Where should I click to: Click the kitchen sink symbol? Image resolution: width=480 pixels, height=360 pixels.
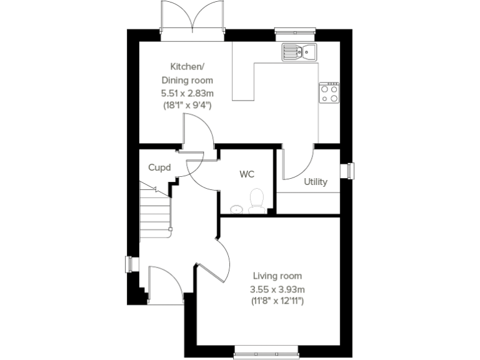(x=299, y=51)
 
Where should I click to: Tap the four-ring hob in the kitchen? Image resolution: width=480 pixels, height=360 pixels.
(x=329, y=92)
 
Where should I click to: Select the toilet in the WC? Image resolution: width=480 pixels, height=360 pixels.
(x=256, y=200)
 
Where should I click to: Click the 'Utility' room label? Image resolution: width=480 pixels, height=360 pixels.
(x=316, y=182)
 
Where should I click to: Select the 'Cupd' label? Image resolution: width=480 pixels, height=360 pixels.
(x=159, y=167)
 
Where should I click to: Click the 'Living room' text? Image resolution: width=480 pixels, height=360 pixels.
(x=277, y=276)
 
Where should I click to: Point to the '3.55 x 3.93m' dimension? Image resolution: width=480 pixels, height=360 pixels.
(x=277, y=289)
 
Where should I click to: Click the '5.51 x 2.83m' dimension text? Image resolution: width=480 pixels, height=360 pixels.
(x=187, y=93)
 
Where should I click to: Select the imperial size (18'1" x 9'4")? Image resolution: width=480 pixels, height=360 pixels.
(x=187, y=106)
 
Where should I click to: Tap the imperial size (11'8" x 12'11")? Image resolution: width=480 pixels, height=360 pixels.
(x=277, y=301)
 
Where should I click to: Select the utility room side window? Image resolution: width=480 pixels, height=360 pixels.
(x=350, y=170)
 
